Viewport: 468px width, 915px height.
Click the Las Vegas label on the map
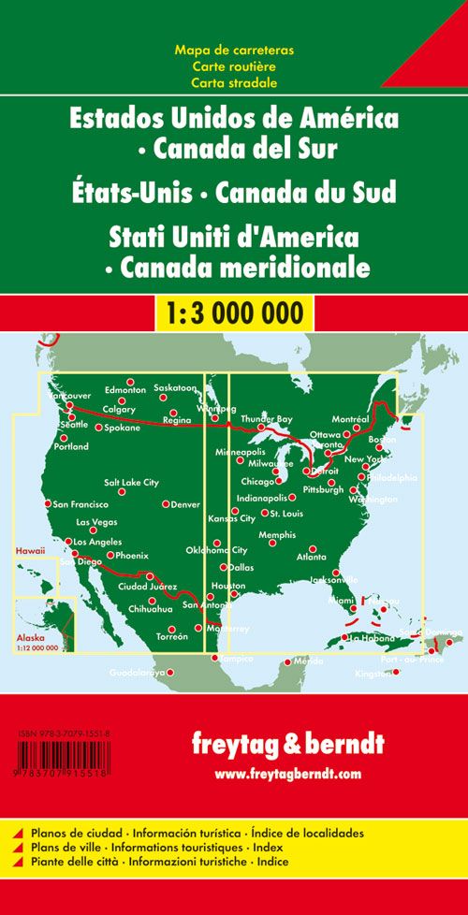96,522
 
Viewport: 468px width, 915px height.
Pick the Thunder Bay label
267,418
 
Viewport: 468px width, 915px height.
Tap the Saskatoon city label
175,387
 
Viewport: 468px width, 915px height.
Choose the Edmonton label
125,389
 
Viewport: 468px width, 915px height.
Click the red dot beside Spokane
98,428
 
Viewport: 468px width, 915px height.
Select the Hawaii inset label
29,554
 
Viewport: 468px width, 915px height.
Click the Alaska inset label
29,635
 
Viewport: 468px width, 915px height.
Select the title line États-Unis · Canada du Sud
233,193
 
